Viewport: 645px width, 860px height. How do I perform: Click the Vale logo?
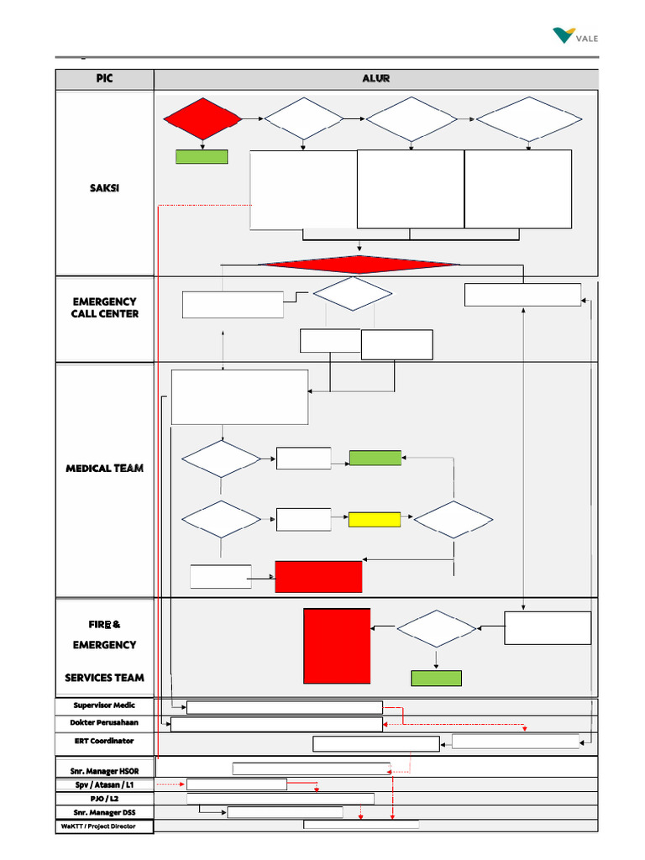(576, 36)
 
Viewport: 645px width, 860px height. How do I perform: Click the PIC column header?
(104, 79)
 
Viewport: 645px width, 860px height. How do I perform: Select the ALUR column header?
(375, 79)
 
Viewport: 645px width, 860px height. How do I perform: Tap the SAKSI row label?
(104, 187)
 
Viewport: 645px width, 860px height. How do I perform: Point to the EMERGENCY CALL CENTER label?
(104, 307)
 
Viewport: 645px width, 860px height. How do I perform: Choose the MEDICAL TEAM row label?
(104, 469)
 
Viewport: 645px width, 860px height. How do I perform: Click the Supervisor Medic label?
(104, 705)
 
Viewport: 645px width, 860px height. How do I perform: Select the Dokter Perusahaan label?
(104, 723)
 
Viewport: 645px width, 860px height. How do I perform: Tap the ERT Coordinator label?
(104, 742)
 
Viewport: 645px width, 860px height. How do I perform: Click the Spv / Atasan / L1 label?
(104, 784)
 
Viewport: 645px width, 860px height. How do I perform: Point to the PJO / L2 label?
(104, 799)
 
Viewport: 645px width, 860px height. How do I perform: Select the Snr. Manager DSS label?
(104, 812)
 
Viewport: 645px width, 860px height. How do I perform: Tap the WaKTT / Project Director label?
(104, 826)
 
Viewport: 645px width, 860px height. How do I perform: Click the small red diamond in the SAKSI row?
(202, 119)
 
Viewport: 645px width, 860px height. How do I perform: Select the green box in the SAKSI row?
(202, 156)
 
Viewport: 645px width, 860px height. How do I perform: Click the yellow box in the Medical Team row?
(375, 520)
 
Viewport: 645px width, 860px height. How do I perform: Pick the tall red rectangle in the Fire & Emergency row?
(337, 645)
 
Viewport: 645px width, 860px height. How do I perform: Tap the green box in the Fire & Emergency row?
(436, 678)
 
